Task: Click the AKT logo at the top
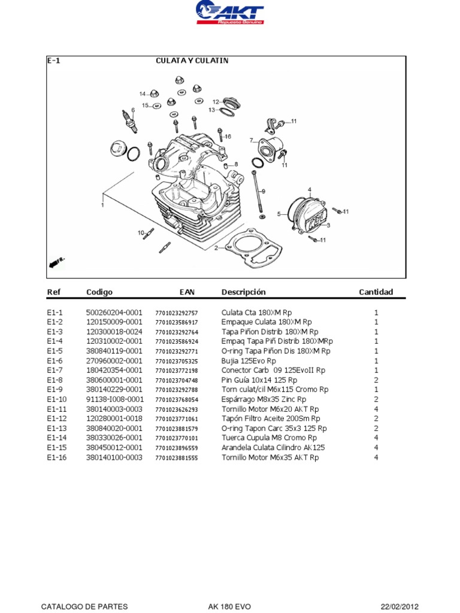pyautogui.click(x=230, y=13)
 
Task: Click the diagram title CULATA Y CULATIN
pyautogui.click(x=192, y=60)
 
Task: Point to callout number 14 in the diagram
pyautogui.click(x=143, y=94)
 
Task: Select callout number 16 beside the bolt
pyautogui.click(x=228, y=136)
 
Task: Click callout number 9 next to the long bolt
pyautogui.click(x=263, y=191)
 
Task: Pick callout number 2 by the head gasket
pyautogui.click(x=216, y=248)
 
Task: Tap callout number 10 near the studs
pyautogui.click(x=141, y=232)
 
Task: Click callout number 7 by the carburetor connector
pyautogui.click(x=252, y=140)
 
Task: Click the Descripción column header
pyautogui.click(x=243, y=292)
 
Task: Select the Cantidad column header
pyautogui.click(x=376, y=292)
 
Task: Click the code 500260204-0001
pyautogui.click(x=114, y=312)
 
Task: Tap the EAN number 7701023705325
pyautogui.click(x=176, y=361)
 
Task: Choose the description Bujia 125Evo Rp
pyautogui.click(x=249, y=361)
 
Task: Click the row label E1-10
pyautogui.click(x=57, y=399)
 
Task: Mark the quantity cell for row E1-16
pyautogui.click(x=376, y=457)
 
